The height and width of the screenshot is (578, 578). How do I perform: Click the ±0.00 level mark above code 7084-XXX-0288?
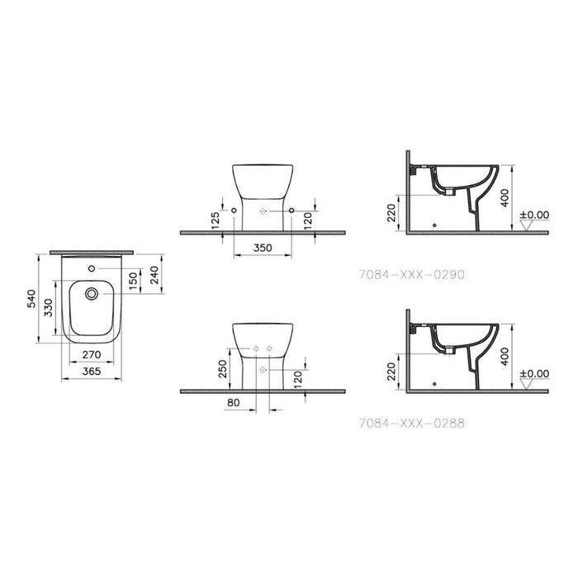pyautogui.click(x=534, y=373)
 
